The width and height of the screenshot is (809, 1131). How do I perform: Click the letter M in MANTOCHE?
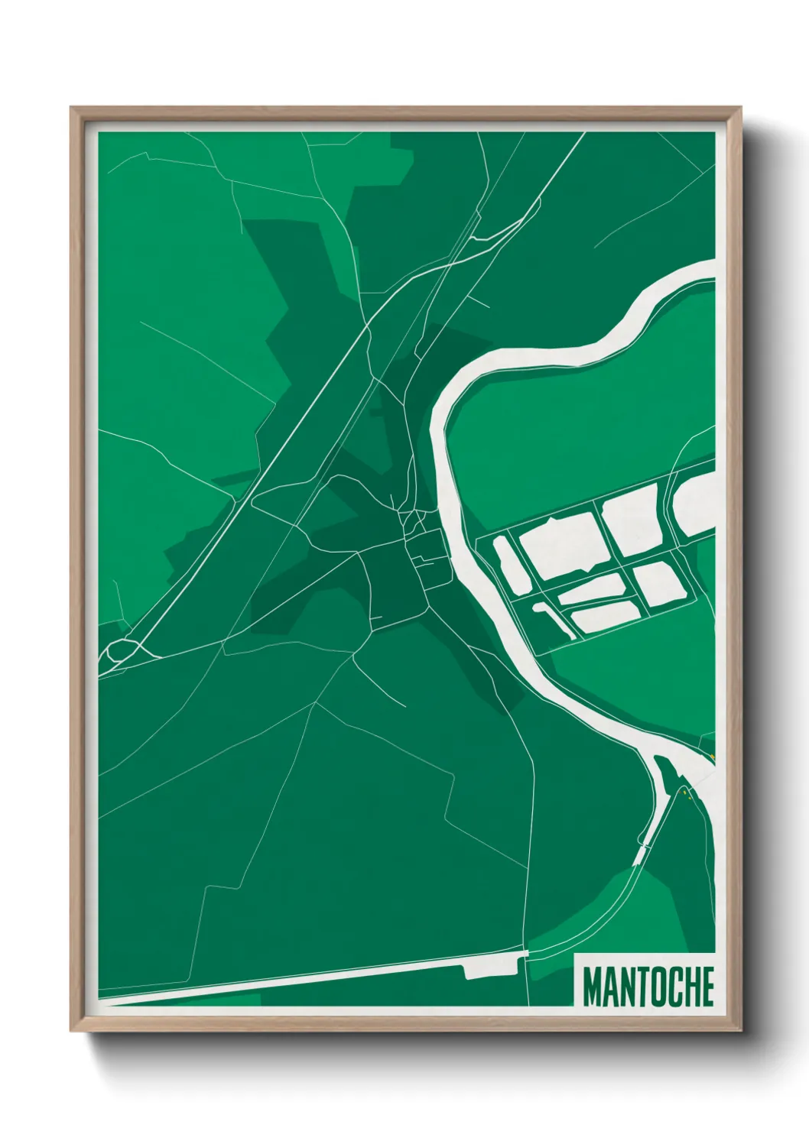(x=593, y=987)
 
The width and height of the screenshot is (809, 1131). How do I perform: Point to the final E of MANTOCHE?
(x=706, y=987)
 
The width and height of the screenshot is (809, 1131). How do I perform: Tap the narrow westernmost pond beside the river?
(x=504, y=565)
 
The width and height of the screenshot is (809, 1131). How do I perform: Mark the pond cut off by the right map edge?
(x=697, y=504)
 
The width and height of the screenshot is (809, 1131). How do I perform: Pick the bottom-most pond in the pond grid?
(x=605, y=615)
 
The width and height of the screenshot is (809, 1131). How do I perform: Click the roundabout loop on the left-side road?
(x=123, y=651)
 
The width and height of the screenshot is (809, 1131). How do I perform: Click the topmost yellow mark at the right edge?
(x=711, y=757)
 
